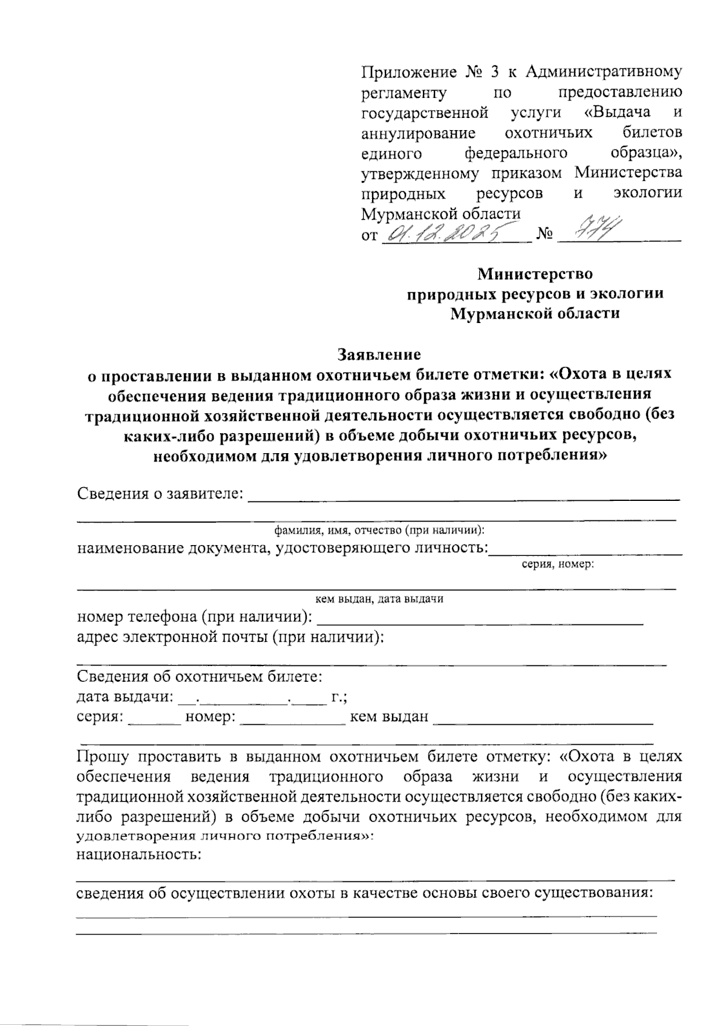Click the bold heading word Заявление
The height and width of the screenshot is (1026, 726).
tap(379, 353)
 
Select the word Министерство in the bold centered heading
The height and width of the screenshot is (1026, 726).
tap(535, 273)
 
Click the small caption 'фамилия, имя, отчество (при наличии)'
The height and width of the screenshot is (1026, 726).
tap(379, 531)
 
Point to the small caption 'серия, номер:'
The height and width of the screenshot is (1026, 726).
tap(557, 564)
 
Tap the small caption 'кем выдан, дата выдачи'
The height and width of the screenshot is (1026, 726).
tap(380, 599)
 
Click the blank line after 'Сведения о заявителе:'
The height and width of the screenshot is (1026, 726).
tap(465, 498)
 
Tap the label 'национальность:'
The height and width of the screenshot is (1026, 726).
tap(139, 855)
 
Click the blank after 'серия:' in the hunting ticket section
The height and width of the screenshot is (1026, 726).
tap(154, 721)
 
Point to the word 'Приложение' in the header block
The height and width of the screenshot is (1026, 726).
tap(408, 73)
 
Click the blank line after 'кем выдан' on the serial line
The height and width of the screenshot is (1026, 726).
tap(543, 721)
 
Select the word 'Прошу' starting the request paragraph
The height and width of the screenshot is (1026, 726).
tap(102, 756)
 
